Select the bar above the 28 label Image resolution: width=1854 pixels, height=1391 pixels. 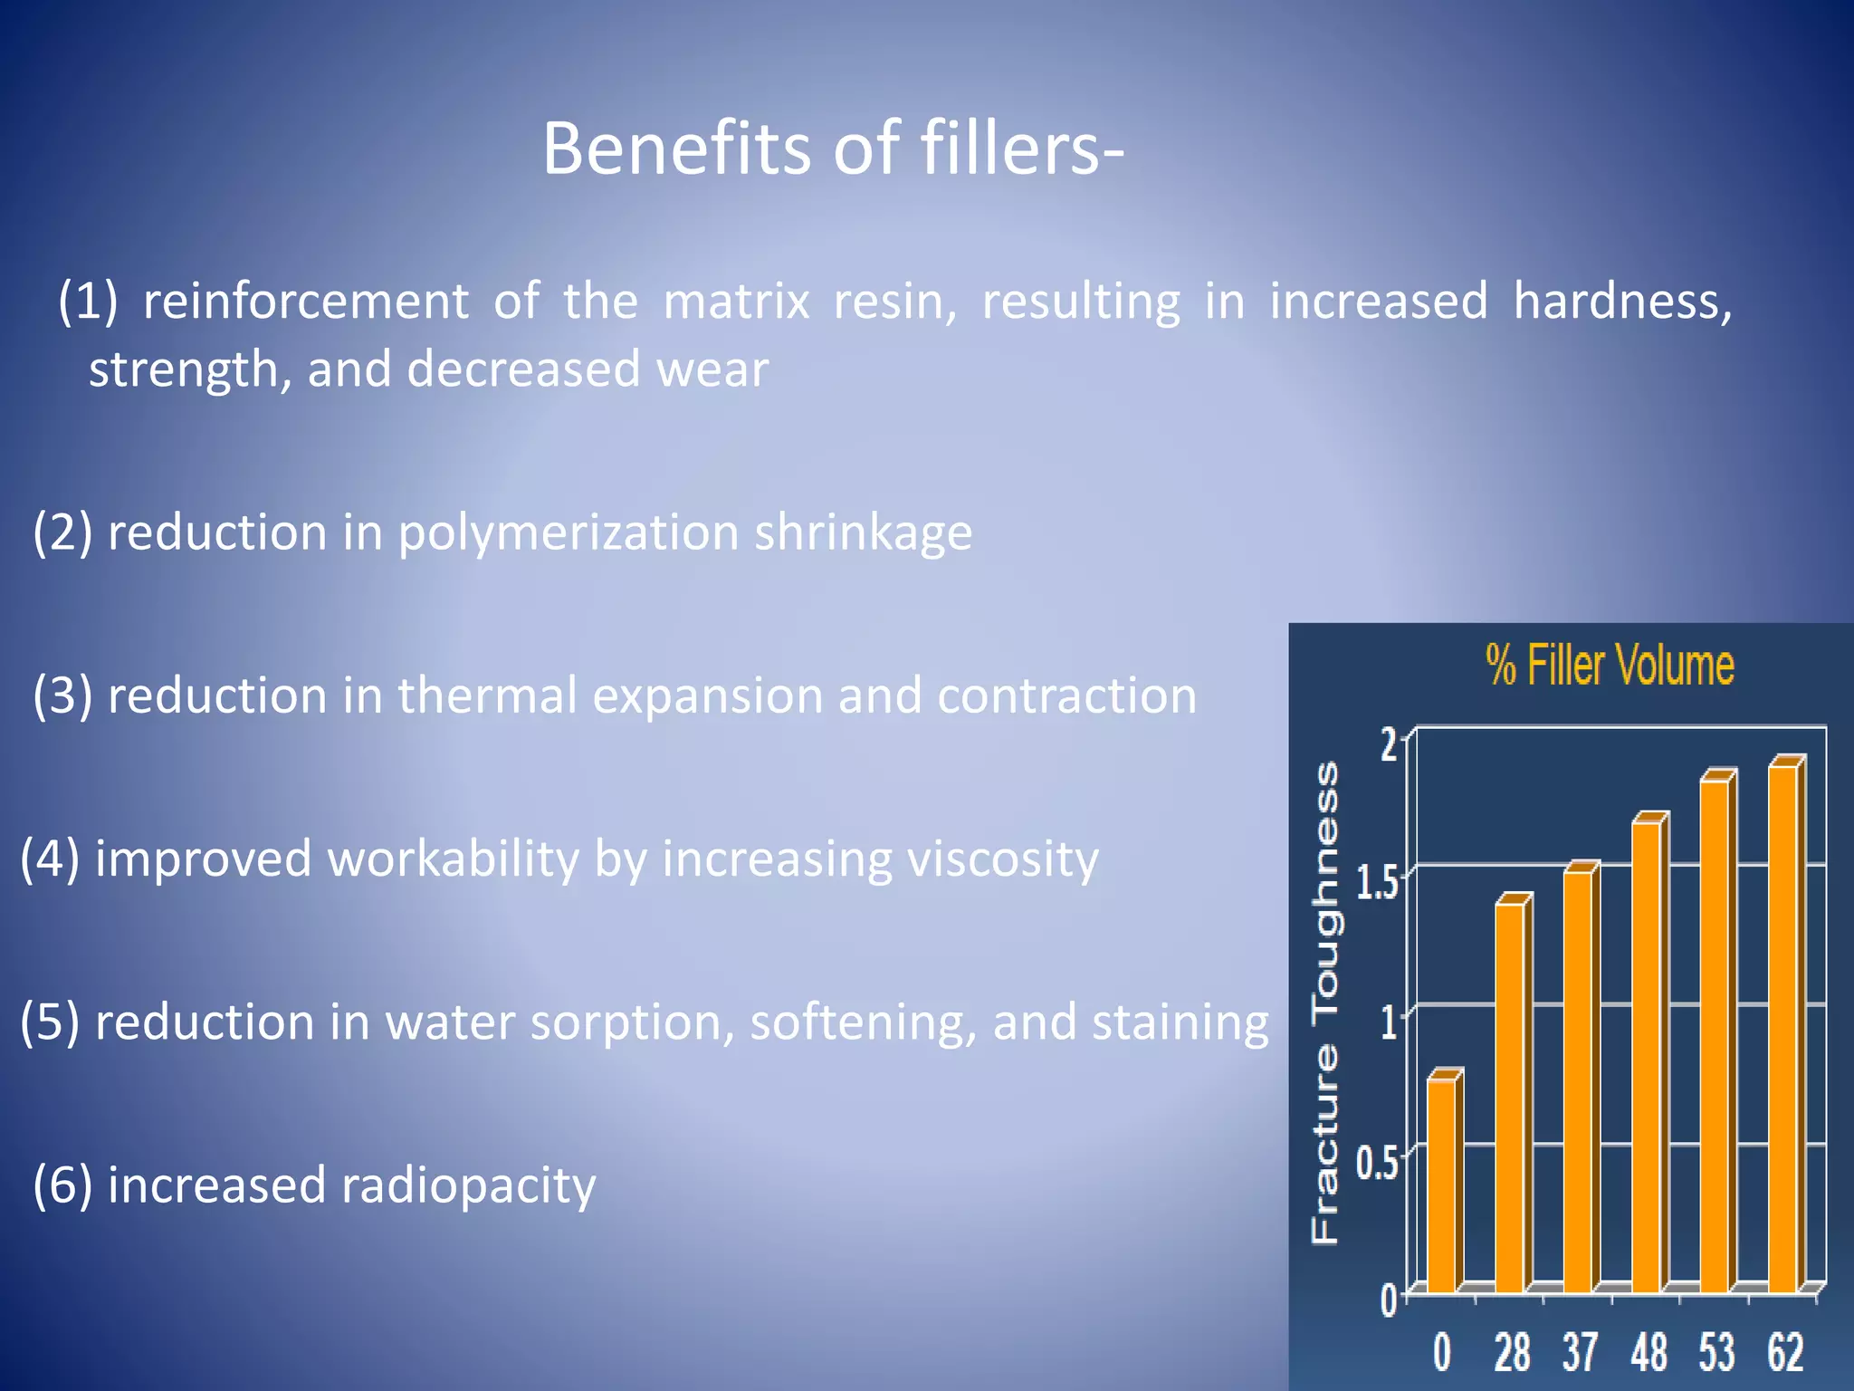click(x=1510, y=1096)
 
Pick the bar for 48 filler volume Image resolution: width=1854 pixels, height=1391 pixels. click(x=1647, y=1055)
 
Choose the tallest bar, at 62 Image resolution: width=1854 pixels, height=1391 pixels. click(x=1782, y=1028)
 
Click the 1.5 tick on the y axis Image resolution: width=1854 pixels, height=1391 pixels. click(x=1377, y=882)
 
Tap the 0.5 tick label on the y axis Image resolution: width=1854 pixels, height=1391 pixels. click(x=1377, y=1162)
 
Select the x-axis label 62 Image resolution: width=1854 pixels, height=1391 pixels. click(x=1785, y=1352)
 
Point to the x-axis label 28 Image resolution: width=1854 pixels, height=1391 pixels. click(x=1512, y=1352)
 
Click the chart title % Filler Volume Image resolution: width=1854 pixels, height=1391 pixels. click(x=1610, y=665)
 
